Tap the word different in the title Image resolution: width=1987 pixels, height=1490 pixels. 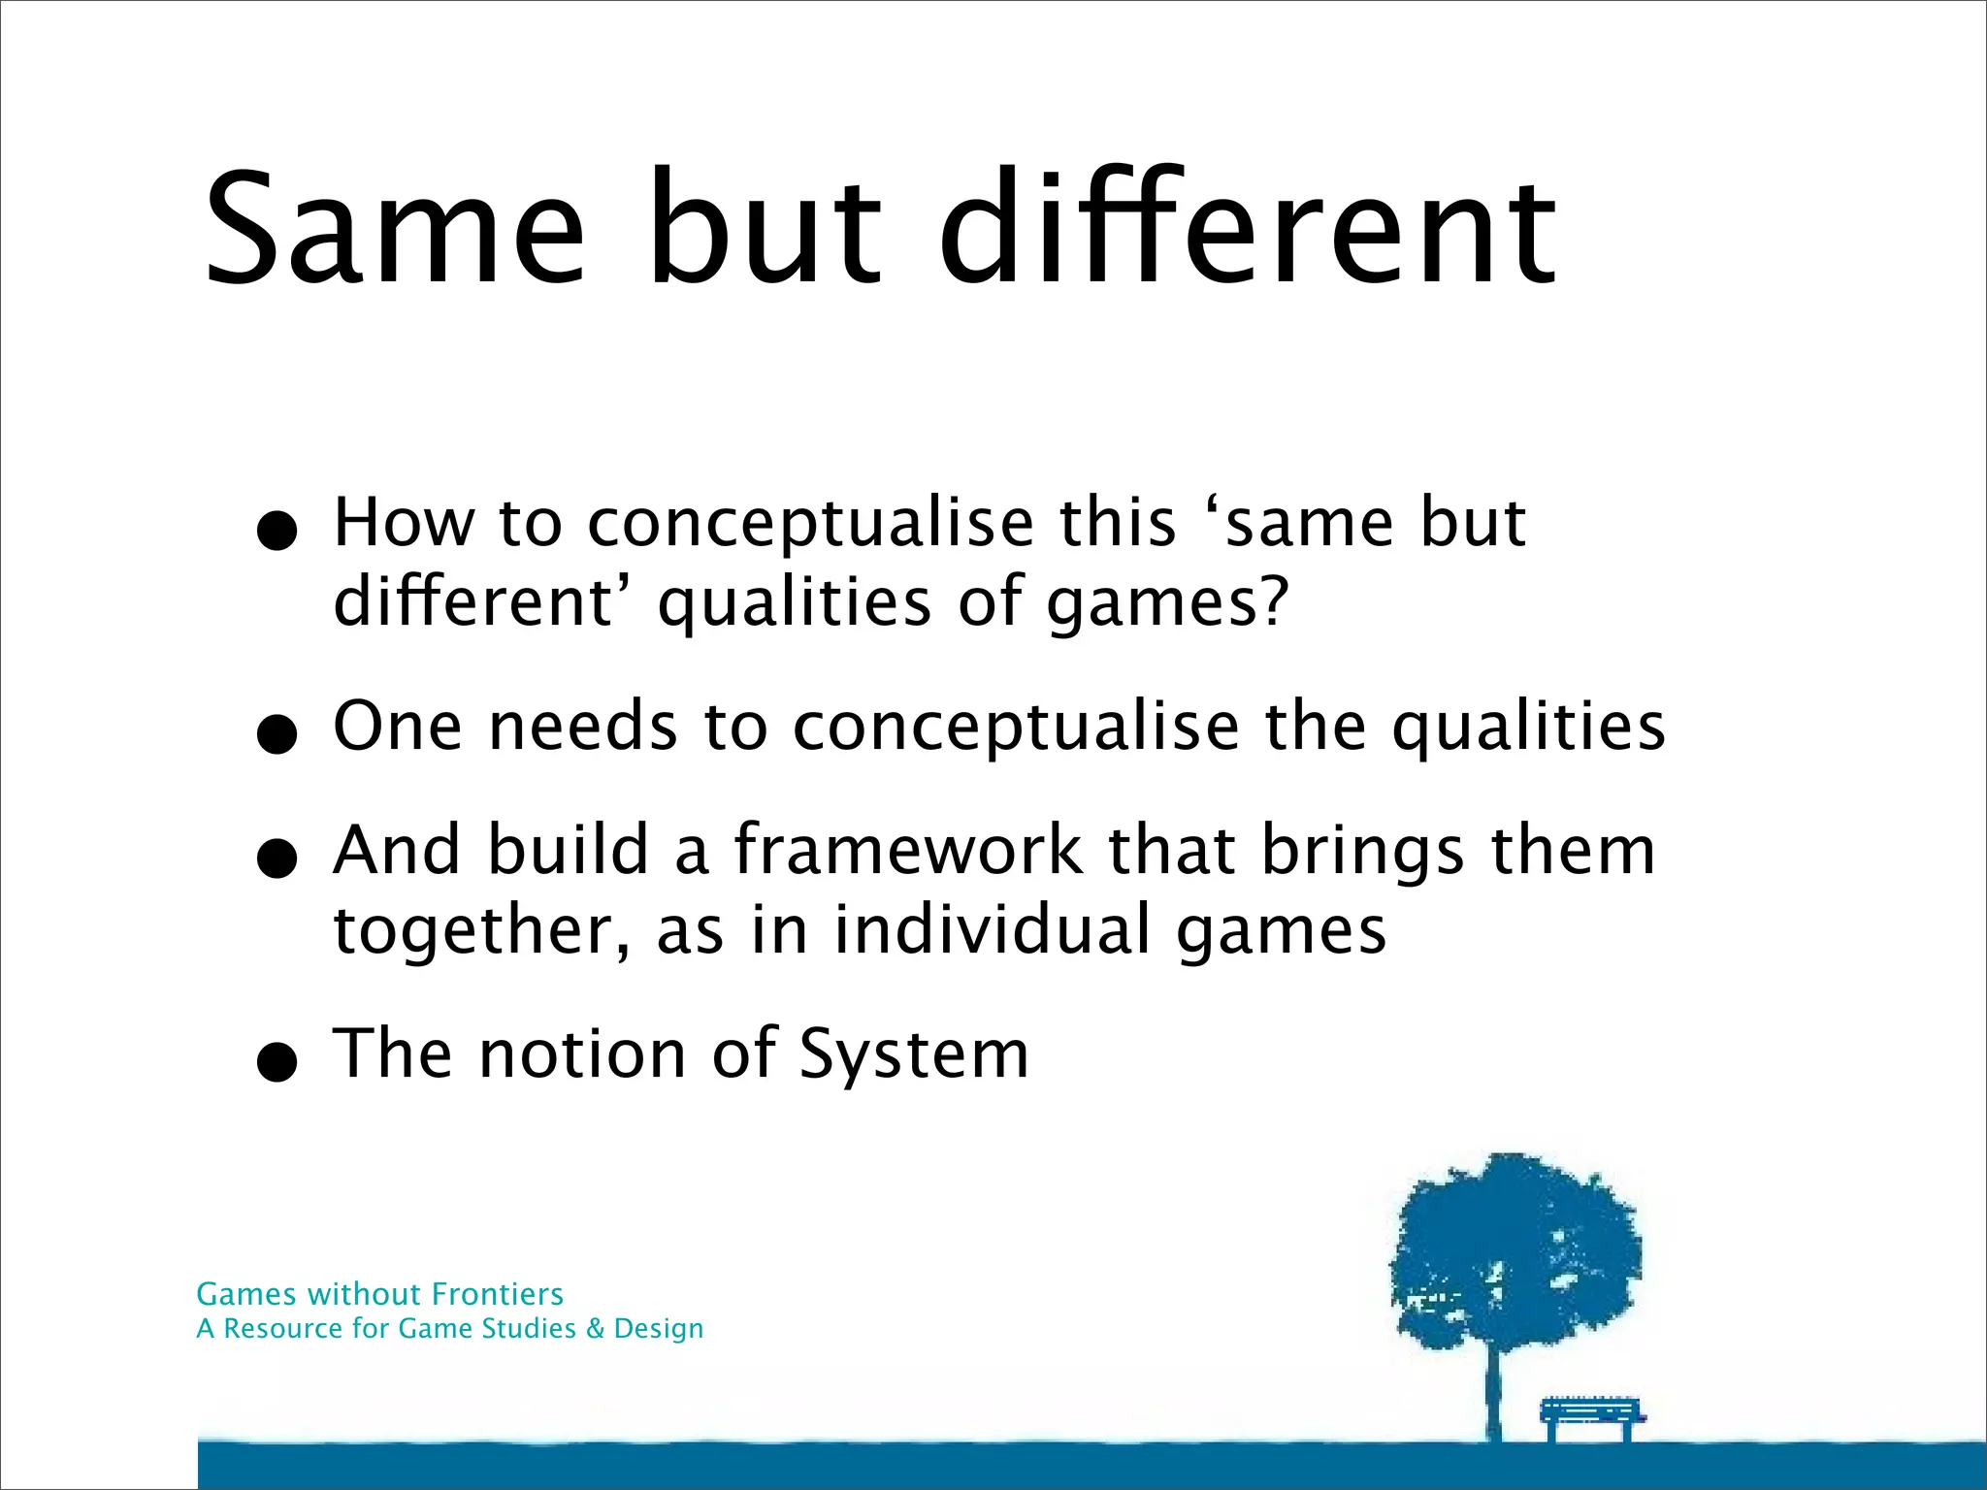[1248, 231]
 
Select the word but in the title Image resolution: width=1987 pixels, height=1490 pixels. [765, 231]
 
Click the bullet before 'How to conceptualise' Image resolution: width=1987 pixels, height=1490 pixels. [277, 531]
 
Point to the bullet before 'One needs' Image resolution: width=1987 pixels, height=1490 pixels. [277, 733]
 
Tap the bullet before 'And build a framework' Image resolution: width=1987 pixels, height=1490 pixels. [277, 858]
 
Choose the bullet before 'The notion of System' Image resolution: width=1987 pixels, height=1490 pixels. [277, 1061]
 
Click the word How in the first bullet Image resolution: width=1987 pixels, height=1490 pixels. [404, 524]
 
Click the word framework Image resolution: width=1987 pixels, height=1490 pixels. [907, 851]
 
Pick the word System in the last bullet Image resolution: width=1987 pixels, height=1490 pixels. [913, 1054]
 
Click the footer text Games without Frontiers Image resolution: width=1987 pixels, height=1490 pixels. [379, 1294]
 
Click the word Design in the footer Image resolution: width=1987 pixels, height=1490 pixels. [659, 1329]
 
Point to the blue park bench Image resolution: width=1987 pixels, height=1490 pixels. [1592, 1417]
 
